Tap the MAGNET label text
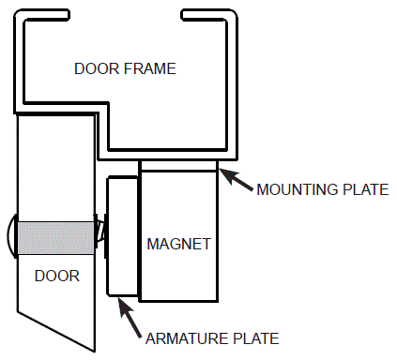coord(178,244)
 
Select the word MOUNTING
coord(296,189)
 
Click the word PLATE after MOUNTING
coord(364,189)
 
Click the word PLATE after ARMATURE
coord(254,337)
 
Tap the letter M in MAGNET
coord(153,244)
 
